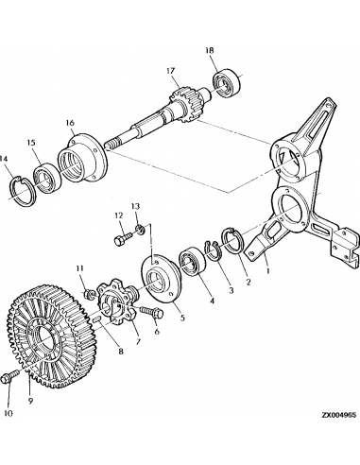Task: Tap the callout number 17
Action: (171, 71)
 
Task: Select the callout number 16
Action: (70, 123)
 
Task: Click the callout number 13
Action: (134, 206)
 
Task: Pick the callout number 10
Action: (9, 413)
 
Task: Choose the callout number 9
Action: (31, 401)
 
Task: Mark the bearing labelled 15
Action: (43, 177)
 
